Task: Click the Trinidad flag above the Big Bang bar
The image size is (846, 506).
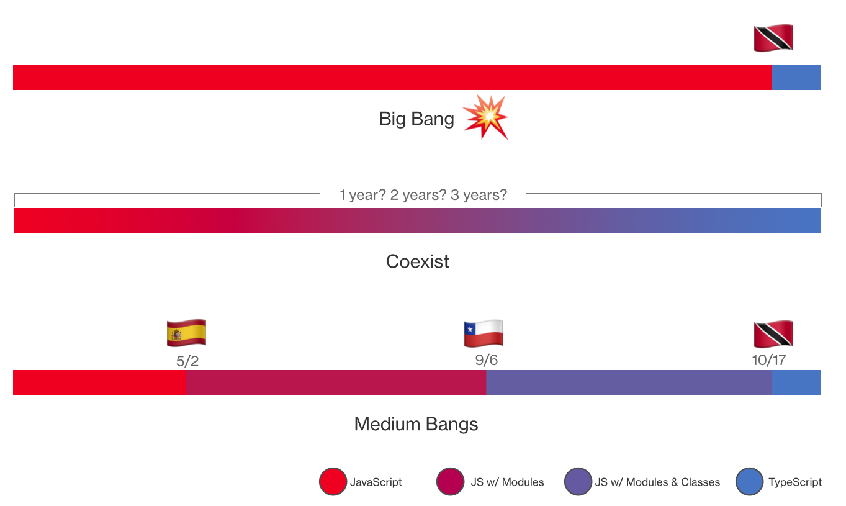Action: [773, 37]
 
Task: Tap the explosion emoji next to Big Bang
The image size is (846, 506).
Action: [485, 117]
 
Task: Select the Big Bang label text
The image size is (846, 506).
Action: [416, 119]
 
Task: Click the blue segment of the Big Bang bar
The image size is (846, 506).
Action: [796, 78]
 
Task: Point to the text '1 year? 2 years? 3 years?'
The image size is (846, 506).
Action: [423, 195]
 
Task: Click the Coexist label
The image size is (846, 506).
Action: [417, 261]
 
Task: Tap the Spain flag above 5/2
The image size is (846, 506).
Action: [187, 333]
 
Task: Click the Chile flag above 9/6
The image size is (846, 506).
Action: [484, 333]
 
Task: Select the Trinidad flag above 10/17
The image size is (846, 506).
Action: [773, 333]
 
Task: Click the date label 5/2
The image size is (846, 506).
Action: [187, 361]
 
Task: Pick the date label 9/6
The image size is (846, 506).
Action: [487, 360]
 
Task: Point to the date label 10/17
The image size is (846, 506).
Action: [769, 360]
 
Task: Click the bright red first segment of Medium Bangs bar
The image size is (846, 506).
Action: [99, 383]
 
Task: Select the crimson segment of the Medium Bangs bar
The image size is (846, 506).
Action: [336, 383]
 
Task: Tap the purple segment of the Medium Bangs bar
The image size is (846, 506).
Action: [629, 383]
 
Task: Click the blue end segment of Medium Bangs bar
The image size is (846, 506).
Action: [796, 383]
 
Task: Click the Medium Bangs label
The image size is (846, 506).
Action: [416, 424]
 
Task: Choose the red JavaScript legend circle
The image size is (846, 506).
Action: [333, 481]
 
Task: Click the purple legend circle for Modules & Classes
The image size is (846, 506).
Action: [578, 481]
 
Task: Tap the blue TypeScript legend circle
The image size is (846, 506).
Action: [749, 481]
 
